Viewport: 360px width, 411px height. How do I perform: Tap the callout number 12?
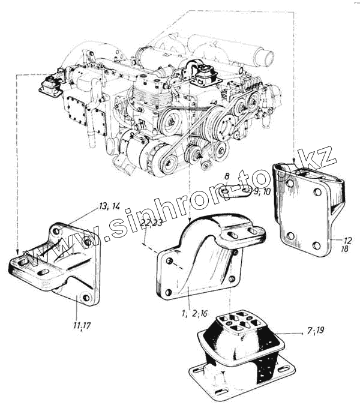click(x=338, y=239)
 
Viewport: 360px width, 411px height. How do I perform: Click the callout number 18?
click(x=338, y=249)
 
